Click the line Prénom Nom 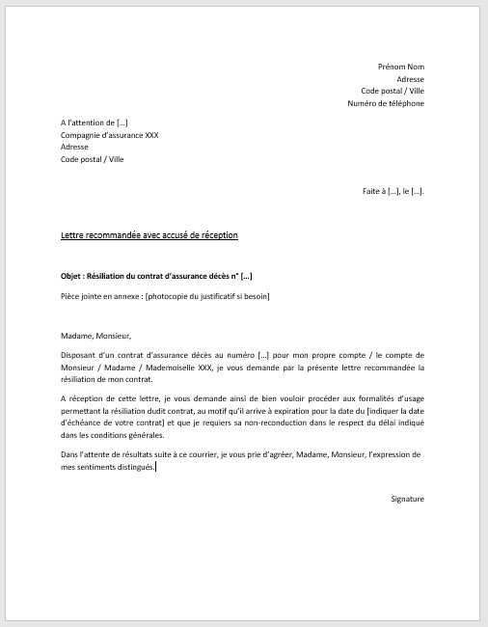(x=400, y=67)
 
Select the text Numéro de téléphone (x=386, y=103)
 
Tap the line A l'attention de (x=94, y=123)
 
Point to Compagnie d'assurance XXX (x=109, y=136)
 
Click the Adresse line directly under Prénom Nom (x=410, y=79)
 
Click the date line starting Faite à (x=393, y=191)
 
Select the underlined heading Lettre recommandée (x=149, y=235)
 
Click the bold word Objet (x=70, y=276)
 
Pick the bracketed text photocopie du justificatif (x=207, y=295)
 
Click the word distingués (x=134, y=467)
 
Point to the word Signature (x=407, y=499)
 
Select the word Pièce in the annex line (x=69, y=295)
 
